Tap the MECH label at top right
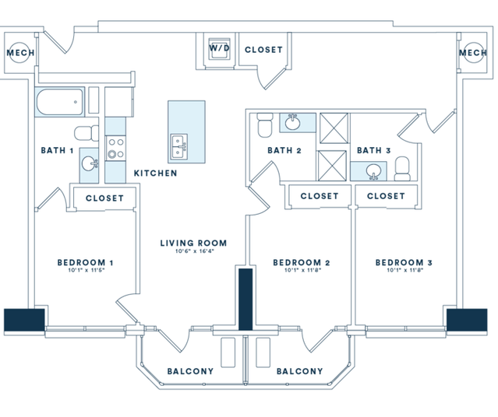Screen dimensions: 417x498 (x=472, y=53)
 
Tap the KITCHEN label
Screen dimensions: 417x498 (x=155, y=173)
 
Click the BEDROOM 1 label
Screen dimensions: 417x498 (x=86, y=263)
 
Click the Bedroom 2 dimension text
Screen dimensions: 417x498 (x=301, y=272)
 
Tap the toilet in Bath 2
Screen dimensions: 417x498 (x=263, y=124)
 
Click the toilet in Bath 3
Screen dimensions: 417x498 (x=402, y=166)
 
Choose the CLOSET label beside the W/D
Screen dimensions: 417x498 (x=263, y=50)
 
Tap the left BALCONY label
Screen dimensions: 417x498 (x=190, y=372)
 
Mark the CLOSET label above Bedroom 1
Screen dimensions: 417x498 (x=104, y=198)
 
